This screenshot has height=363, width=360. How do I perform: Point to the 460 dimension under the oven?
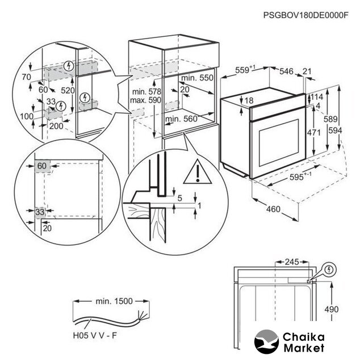(x=274, y=210)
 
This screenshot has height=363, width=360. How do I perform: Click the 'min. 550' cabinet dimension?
(x=198, y=78)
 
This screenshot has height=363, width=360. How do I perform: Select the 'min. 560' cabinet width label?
(x=181, y=119)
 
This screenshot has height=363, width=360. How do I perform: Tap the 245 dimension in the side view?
(x=292, y=262)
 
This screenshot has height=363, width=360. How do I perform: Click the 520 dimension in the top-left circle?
(x=68, y=90)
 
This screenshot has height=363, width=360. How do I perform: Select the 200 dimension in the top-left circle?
(x=56, y=126)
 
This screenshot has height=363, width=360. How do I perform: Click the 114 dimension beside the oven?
(x=317, y=97)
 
